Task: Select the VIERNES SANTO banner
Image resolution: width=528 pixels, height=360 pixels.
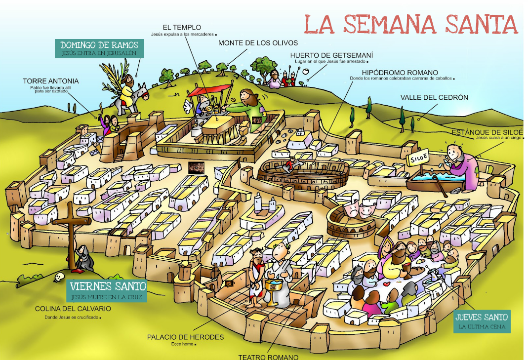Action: (x=108, y=290)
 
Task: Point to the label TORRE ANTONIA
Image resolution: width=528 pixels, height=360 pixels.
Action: (x=50, y=81)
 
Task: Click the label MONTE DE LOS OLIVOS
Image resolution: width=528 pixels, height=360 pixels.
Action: (x=251, y=43)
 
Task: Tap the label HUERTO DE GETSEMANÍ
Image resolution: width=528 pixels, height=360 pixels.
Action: (x=331, y=55)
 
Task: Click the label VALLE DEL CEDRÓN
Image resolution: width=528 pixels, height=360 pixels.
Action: (x=434, y=97)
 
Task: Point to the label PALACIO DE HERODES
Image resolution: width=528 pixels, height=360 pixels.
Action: (x=185, y=337)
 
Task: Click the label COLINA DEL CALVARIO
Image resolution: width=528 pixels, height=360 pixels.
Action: (x=73, y=309)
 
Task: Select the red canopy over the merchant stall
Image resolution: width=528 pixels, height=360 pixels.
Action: (x=209, y=90)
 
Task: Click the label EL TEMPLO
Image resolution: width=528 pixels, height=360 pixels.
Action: (x=182, y=27)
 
